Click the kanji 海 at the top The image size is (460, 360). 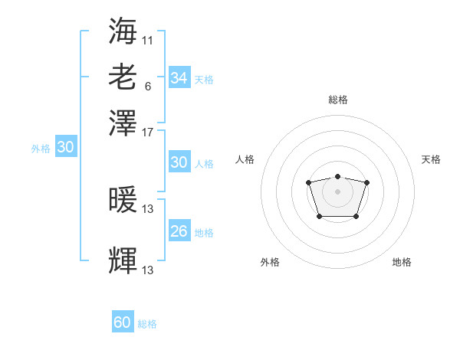click(123, 31)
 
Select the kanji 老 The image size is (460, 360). click(123, 77)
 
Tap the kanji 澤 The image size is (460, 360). click(123, 123)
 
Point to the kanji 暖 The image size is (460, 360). click(123, 199)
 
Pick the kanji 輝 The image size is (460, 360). click(123, 260)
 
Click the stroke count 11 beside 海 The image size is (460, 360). click(147, 41)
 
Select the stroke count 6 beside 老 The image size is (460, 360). click(148, 87)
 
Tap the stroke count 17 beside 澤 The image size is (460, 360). click(147, 133)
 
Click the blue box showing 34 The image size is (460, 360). click(179, 77)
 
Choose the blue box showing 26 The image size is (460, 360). click(179, 230)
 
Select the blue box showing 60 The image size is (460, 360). click(123, 321)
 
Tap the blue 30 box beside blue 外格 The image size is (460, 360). click(66, 146)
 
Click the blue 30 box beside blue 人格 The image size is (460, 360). click(179, 162)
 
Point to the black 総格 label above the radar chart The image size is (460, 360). click(338, 100)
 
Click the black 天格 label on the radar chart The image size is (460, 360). click(431, 159)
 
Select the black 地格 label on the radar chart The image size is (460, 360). click(402, 262)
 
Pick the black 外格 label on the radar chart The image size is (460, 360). click(270, 262)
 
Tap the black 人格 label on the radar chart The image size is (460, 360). click(245, 159)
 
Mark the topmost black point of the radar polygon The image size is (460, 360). click(337, 176)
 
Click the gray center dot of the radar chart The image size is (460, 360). click(337, 191)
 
